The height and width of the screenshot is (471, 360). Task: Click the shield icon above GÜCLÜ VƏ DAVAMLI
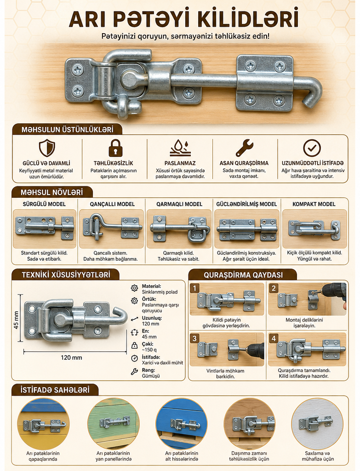47,148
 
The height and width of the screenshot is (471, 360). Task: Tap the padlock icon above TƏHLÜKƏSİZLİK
115,148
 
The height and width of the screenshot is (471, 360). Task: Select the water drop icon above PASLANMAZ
180,148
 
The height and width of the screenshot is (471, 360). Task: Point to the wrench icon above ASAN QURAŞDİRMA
244,148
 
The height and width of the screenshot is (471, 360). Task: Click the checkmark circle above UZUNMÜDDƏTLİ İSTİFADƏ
312,148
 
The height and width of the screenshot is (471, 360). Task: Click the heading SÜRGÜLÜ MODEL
44,204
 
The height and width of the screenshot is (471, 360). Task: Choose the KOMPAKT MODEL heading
314,204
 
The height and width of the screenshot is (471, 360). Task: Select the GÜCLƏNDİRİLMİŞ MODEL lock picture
246,229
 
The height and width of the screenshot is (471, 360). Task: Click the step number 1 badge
194,288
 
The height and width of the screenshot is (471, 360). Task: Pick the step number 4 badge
274,339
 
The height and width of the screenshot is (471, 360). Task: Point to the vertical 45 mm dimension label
16,320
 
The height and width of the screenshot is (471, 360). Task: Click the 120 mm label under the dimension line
71,357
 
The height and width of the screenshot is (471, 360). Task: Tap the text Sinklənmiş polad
160,292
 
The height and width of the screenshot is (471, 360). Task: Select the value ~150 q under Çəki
149,350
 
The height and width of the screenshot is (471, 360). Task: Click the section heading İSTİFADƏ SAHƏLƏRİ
55,390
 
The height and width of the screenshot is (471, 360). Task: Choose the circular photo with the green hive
114,424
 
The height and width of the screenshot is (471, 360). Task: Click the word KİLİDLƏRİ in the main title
246,19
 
